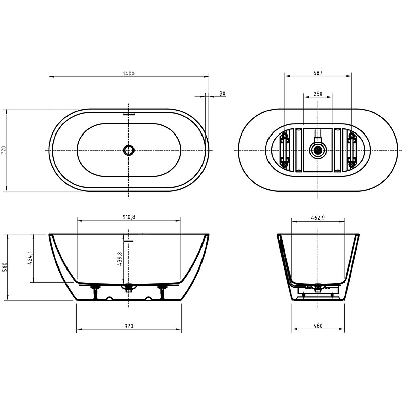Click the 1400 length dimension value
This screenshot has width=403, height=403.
[x=128, y=73]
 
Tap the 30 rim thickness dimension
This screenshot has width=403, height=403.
[x=222, y=94]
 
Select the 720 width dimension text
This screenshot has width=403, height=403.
[x=4, y=150]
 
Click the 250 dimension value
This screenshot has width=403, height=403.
[x=318, y=94]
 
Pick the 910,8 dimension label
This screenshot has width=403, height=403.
[x=128, y=217]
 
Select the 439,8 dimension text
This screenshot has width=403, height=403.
[x=120, y=261]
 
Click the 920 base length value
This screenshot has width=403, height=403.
[x=128, y=326]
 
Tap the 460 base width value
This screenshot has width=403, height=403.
[x=318, y=326]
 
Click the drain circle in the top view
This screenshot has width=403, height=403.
[x=129, y=150]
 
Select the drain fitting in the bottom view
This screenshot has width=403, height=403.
[x=318, y=150]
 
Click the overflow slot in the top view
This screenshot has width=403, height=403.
[x=129, y=114]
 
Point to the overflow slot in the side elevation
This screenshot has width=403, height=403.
[x=129, y=241]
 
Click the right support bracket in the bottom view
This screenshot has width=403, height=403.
[x=351, y=150]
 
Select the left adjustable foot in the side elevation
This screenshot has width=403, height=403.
[x=95, y=291]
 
